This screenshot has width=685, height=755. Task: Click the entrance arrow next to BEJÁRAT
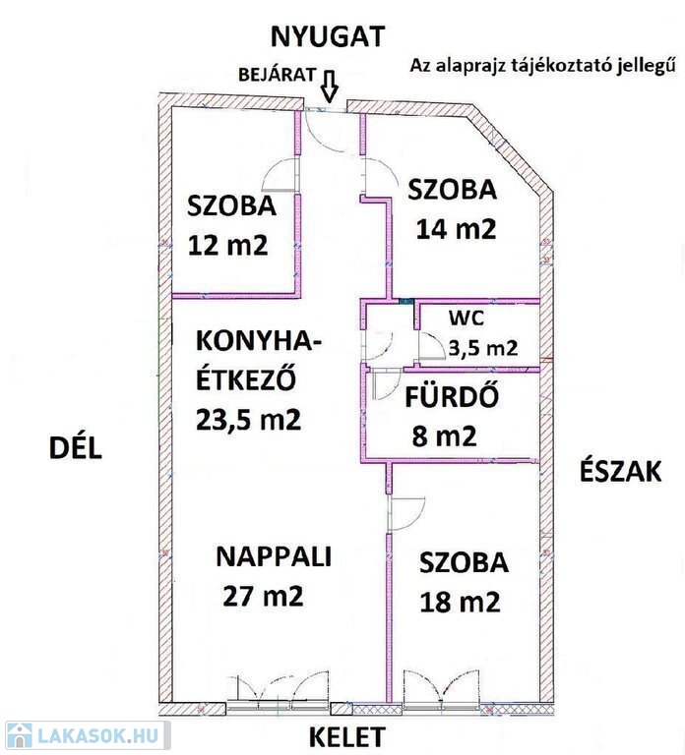coord(330,86)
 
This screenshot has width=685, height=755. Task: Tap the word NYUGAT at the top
coord(328,36)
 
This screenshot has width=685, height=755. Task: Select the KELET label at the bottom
coord(347,737)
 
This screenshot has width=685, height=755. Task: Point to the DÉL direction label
coord(76,448)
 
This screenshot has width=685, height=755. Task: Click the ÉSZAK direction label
coord(620,472)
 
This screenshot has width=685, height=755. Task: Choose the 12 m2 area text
coord(227,246)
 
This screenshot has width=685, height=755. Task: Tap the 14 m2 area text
coord(456,229)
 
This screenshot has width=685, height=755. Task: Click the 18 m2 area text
coord(460,602)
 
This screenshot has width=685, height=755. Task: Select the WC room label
coord(467,319)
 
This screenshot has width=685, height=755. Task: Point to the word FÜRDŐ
coord(452,398)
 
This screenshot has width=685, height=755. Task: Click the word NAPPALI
coord(274,556)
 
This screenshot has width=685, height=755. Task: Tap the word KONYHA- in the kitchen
coord(260,342)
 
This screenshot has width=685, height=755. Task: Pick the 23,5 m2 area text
coord(249,420)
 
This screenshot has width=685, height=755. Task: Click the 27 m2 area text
coord(263,596)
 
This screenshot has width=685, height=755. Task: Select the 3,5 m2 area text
coord(483,347)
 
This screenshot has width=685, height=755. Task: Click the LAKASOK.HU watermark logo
coord(86,736)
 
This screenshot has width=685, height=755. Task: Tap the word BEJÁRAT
coord(278,75)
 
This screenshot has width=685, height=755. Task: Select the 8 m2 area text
coord(444,436)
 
